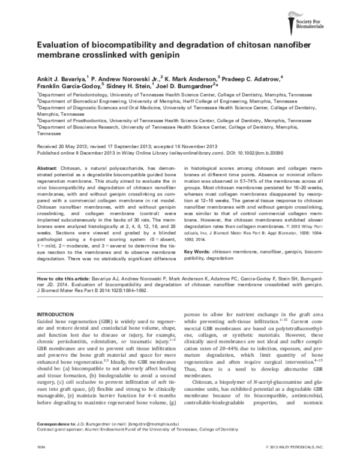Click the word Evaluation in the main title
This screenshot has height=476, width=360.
point(59,46)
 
